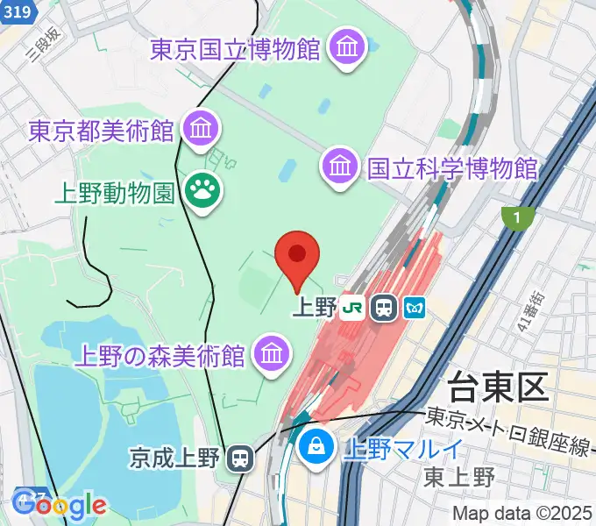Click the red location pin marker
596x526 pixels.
pyautogui.click(x=297, y=257)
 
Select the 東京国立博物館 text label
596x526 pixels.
pyautogui.click(x=235, y=50)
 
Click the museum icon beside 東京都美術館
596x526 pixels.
pyautogui.click(x=202, y=129)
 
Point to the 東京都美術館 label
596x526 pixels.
pyautogui.click(x=101, y=131)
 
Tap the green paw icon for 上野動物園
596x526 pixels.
pyautogui.click(x=202, y=190)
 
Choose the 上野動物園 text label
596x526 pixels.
pyautogui.click(x=114, y=192)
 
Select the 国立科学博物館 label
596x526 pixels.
pyautogui.click(x=451, y=167)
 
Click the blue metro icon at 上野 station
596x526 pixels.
pyautogui.click(x=414, y=308)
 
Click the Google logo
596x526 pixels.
pyautogui.click(x=60, y=505)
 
